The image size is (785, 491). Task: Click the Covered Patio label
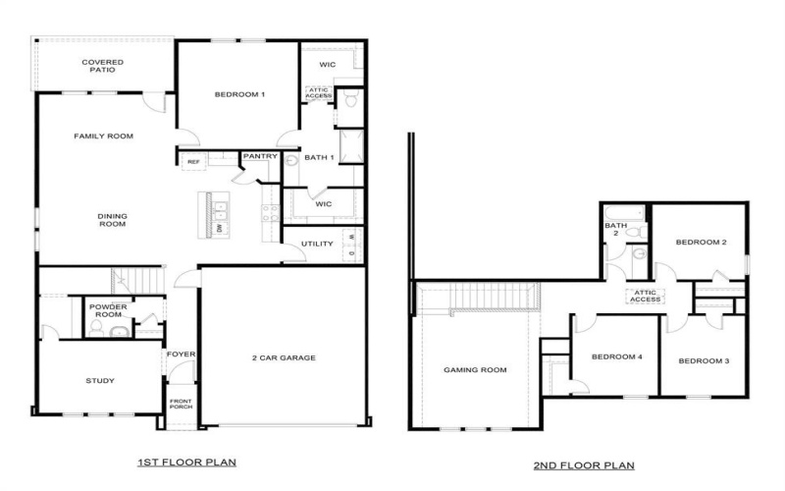(102, 67)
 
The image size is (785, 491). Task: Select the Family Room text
(103, 136)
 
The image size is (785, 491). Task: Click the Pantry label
(260, 156)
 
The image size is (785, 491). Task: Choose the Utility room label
(317, 243)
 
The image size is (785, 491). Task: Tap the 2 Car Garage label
(284, 357)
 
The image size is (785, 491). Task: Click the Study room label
(100, 381)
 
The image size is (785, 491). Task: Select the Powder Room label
(108, 310)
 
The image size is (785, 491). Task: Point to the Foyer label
(180, 354)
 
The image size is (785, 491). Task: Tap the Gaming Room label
(475, 370)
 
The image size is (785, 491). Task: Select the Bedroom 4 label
(617, 357)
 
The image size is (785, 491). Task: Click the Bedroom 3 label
(704, 361)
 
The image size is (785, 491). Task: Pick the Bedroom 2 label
(700, 243)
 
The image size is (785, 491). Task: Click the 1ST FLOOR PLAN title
(185, 461)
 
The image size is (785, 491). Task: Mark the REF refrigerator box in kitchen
(193, 162)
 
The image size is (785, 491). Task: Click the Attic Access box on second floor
(645, 297)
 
